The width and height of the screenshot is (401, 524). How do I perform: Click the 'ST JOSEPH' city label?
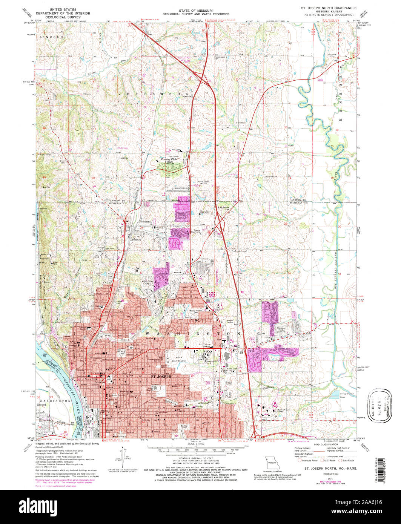point(161,376)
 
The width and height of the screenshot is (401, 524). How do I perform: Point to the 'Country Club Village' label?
point(169,160)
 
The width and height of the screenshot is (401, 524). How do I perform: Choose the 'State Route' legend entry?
point(348,460)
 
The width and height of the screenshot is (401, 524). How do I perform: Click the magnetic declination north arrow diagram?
point(125,457)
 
